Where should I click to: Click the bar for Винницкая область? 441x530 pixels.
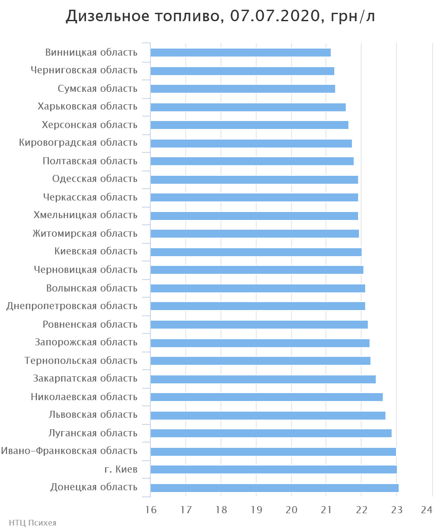(x=240, y=53)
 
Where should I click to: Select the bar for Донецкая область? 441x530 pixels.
(x=274, y=488)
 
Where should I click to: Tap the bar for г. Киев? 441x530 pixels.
(x=273, y=469)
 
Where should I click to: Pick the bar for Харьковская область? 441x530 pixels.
(x=248, y=107)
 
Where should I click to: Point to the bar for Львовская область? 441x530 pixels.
(x=268, y=416)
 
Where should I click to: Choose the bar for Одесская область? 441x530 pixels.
(x=254, y=180)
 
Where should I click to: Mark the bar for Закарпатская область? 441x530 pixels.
(x=263, y=379)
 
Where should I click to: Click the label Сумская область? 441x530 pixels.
(x=97, y=89)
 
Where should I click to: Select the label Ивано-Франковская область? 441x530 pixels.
(x=69, y=451)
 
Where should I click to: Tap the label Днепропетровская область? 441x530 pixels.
(x=72, y=306)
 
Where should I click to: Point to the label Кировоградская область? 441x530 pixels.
(x=78, y=143)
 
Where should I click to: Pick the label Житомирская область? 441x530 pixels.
(x=85, y=234)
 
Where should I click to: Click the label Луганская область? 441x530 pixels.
(x=93, y=433)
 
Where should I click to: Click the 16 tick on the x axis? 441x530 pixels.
(x=151, y=510)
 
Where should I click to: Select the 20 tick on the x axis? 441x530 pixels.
(x=292, y=510)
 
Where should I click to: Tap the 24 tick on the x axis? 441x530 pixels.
(x=426, y=510)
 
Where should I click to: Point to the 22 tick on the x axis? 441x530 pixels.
(x=362, y=510)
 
